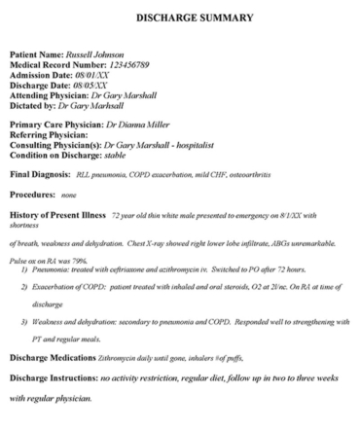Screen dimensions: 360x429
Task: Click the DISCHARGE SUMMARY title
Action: (x=179, y=18)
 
